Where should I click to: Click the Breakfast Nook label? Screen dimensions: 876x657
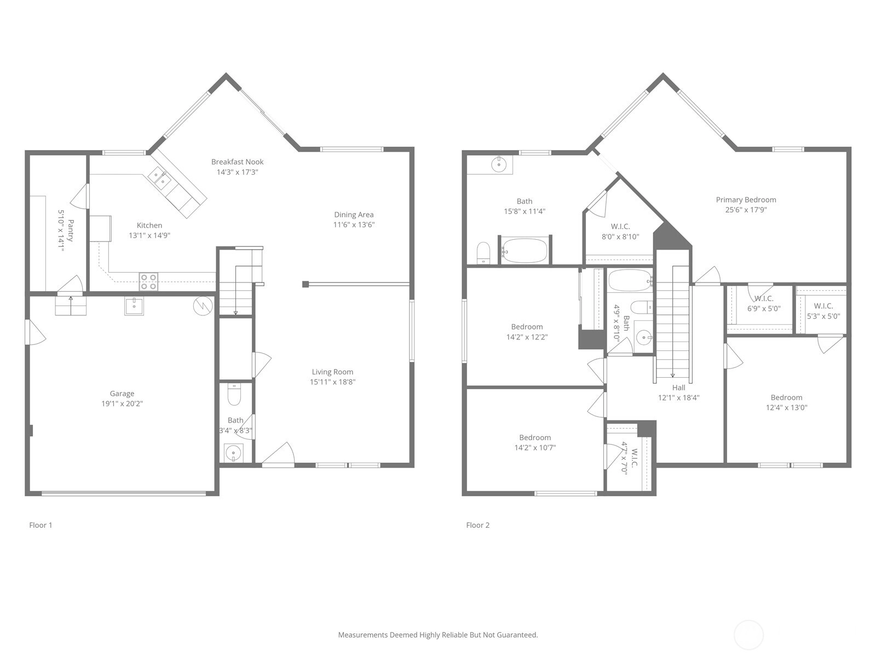click(237, 162)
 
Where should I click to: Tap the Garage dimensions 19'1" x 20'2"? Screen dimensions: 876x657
click(122, 404)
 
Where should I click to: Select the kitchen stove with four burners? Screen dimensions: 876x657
click(148, 281)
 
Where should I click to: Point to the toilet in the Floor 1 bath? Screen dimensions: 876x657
click(234, 394)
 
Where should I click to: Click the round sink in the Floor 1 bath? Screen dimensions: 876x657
click(233, 453)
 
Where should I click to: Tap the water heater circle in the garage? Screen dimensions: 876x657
click(203, 306)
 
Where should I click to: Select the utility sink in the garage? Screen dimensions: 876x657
click(134, 307)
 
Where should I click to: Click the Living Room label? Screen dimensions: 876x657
click(332, 372)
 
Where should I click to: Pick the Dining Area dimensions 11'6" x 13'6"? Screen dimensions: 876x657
click(354, 224)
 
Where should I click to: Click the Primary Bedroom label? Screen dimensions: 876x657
click(746, 199)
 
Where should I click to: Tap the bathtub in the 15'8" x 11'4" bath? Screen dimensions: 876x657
click(525, 250)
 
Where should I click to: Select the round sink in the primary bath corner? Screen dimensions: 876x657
click(499, 164)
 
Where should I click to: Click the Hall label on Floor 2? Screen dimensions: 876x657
click(678, 387)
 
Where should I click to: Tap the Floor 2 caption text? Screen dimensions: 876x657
click(478, 525)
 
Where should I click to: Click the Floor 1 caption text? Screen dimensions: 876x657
click(41, 525)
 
